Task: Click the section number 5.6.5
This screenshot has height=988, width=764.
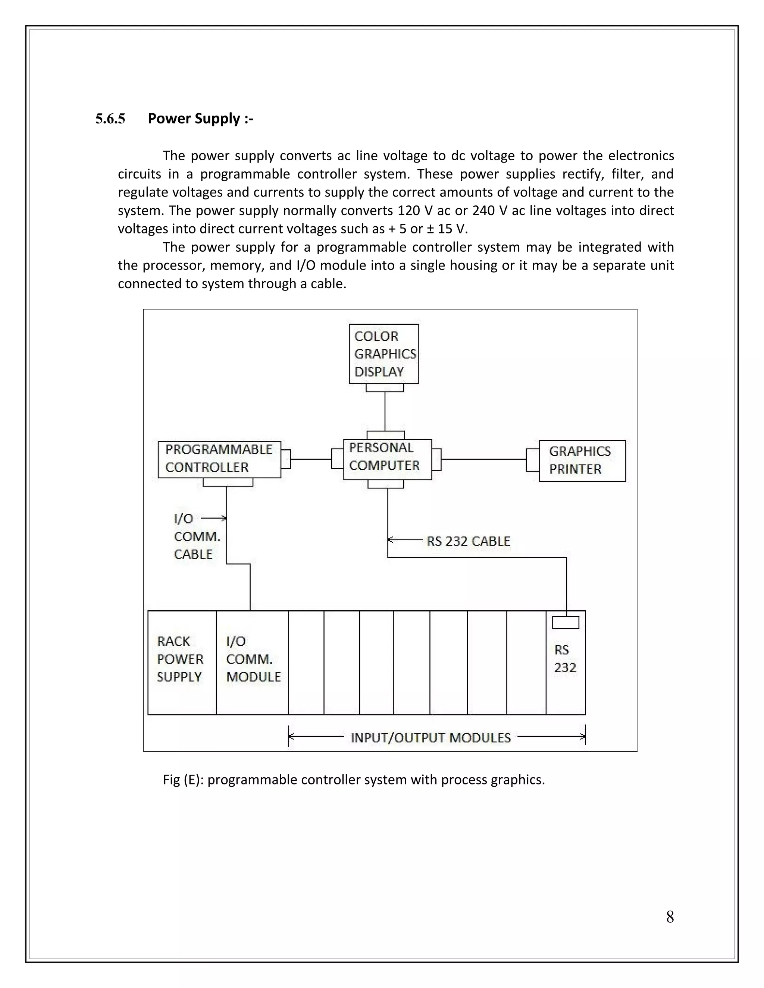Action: pyautogui.click(x=110, y=119)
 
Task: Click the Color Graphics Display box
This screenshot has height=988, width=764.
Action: pyautogui.click(x=383, y=354)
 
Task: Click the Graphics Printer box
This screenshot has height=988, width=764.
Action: pyautogui.click(x=582, y=460)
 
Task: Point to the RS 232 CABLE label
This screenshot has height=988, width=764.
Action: pyautogui.click(x=469, y=541)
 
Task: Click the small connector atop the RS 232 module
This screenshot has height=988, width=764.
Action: pyautogui.click(x=565, y=623)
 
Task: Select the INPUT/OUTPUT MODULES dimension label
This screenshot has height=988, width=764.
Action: pyautogui.click(x=430, y=738)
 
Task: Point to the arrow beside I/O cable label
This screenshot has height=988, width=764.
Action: pyautogui.click(x=214, y=518)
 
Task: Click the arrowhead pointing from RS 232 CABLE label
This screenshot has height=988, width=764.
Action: pyautogui.click(x=391, y=540)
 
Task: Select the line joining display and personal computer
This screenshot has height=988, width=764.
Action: pyautogui.click(x=385, y=411)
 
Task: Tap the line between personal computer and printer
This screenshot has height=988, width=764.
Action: pyautogui.click(x=483, y=459)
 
